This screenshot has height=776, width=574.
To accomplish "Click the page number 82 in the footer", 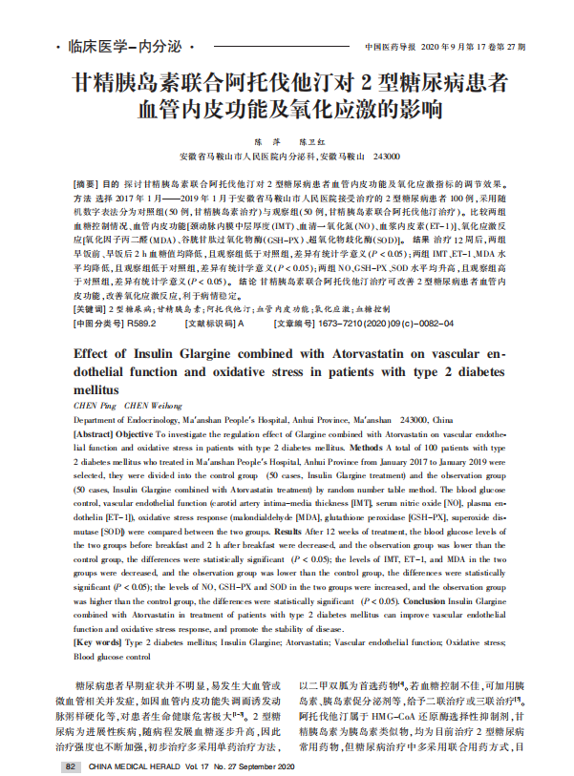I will click(70, 766).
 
